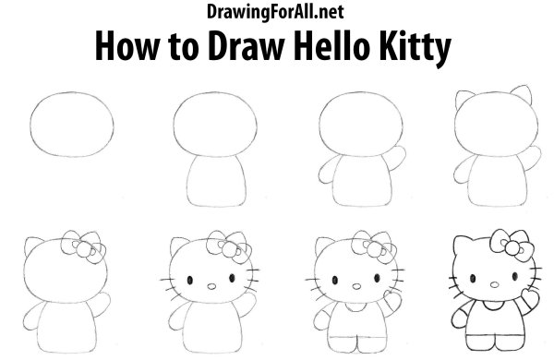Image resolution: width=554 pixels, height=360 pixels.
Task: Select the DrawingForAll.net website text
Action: pyautogui.click(x=274, y=12)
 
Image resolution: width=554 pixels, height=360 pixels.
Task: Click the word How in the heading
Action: pyautogui.click(x=127, y=46)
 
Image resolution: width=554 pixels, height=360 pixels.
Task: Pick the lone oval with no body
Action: pyautogui.click(x=72, y=124)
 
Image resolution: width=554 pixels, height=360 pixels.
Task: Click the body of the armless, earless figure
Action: pyautogui.click(x=216, y=181)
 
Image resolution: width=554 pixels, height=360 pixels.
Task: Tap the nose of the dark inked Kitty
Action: pyautogui.click(x=495, y=284)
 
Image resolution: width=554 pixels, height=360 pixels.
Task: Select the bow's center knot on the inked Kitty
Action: pyautogui.click(x=512, y=247)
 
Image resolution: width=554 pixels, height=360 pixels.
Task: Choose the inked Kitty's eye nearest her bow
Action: pyautogui.click(x=515, y=276)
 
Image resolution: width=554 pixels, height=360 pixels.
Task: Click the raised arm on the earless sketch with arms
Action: pyautogui.click(x=397, y=158)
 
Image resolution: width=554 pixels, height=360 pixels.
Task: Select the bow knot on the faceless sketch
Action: pyautogui.click(x=84, y=248)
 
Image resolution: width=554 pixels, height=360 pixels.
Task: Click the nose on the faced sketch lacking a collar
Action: pyautogui.click(x=211, y=286)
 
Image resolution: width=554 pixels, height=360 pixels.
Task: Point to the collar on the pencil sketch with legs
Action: pyautogui.click(x=355, y=306)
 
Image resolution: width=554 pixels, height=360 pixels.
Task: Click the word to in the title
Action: pyautogui.click(x=184, y=48)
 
